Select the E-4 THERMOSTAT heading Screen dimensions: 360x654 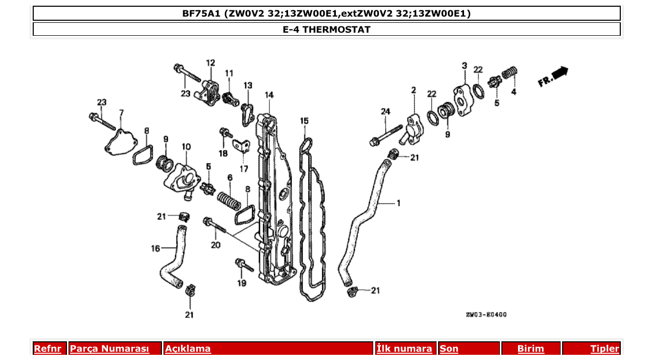(x=326, y=30)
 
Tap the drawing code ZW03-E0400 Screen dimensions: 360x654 (x=486, y=314)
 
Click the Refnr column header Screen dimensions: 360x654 (x=48, y=349)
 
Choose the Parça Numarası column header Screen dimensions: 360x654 (x=110, y=349)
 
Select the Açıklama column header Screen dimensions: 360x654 (x=188, y=349)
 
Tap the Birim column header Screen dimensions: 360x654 (x=530, y=349)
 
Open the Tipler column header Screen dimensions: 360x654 (x=605, y=349)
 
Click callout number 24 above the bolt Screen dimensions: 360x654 (x=385, y=112)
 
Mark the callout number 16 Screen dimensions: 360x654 (x=156, y=249)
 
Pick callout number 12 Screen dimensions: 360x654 (x=210, y=63)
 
